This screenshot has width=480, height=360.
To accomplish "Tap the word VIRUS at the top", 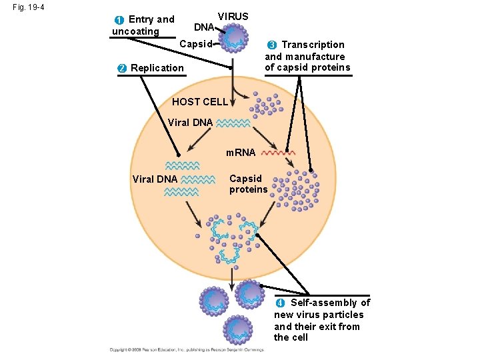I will (x=233, y=17).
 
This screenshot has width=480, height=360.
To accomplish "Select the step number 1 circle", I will (x=119, y=20).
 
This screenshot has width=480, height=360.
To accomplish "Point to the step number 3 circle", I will (x=272, y=45).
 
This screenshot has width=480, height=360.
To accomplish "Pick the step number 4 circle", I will (x=281, y=303).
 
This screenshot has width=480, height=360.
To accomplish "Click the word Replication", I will (x=157, y=68).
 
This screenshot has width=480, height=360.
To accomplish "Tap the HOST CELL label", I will (x=199, y=102).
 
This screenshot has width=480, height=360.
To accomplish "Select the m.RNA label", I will (x=241, y=153).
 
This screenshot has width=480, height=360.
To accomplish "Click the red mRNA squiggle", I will (x=279, y=153).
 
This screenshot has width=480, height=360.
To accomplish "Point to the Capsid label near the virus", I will (x=196, y=45).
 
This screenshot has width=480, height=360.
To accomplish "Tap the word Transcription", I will (x=313, y=45).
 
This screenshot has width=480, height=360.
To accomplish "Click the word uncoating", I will (x=135, y=31).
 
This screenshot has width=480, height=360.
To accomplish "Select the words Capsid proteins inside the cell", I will (x=248, y=184).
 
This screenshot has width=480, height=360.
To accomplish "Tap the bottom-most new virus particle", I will (x=239, y=327).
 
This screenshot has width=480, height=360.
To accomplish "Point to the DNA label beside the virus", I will (x=203, y=28).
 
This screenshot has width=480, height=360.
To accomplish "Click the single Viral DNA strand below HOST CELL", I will (x=233, y=123).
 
